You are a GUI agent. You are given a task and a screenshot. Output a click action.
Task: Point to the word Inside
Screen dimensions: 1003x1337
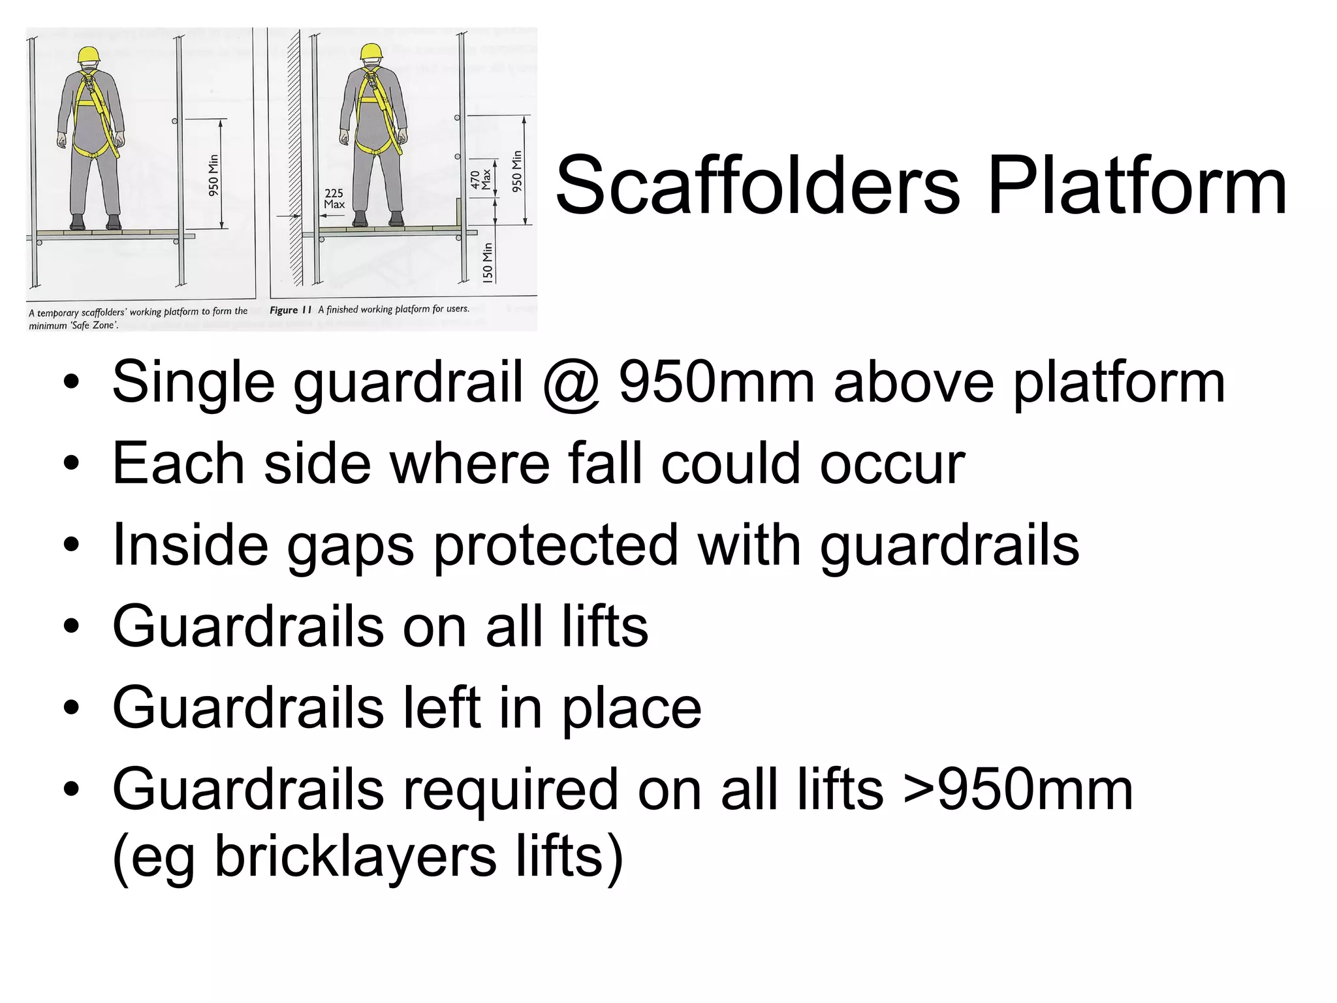190,545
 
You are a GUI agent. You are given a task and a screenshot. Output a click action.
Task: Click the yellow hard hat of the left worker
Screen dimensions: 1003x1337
89,55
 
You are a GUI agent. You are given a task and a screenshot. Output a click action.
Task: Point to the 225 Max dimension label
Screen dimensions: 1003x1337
334,199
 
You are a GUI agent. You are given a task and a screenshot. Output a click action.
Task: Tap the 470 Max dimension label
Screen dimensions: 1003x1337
480,180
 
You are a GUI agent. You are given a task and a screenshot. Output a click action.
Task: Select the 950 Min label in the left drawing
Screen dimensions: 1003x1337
213,175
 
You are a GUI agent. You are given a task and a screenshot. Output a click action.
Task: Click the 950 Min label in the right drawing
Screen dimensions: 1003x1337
517,171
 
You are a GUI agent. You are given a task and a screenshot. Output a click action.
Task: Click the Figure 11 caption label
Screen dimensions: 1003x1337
291,310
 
